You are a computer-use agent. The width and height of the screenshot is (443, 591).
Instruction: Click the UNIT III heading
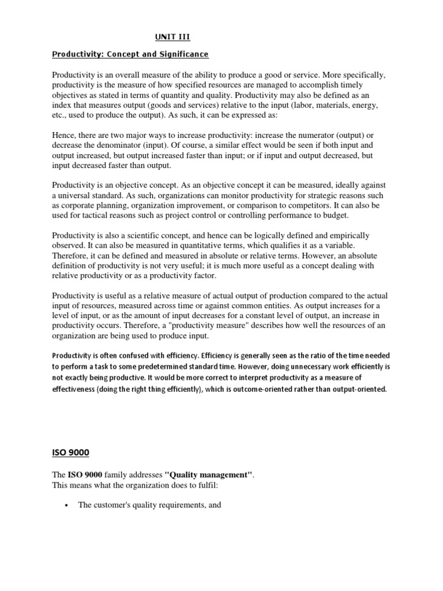click(x=172, y=38)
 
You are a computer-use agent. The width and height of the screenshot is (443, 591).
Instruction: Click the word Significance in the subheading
click(x=180, y=55)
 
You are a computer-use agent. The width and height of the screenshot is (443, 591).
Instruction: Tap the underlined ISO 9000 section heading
click(x=71, y=452)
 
